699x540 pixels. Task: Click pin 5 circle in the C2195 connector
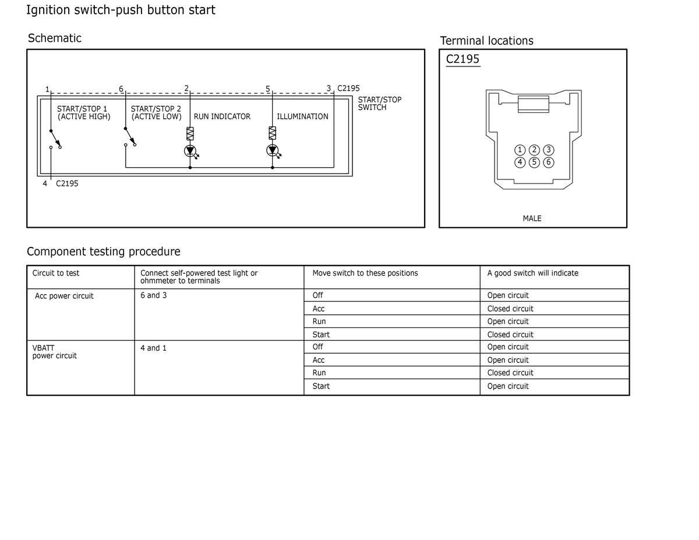[534, 162]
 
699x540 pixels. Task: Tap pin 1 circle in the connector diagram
[520, 150]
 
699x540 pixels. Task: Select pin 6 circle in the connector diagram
[548, 162]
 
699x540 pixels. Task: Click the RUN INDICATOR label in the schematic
[222, 117]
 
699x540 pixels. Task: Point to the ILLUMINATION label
[302, 117]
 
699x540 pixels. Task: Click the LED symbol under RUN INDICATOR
[190, 151]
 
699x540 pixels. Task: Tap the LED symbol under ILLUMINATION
[272, 151]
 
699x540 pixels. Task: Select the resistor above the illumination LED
[272, 133]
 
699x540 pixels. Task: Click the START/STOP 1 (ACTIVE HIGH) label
[83, 112]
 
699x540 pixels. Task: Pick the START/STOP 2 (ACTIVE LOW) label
[156, 112]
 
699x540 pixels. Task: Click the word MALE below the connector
[532, 218]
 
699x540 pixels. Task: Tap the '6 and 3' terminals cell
[153, 295]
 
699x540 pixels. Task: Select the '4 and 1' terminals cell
[153, 348]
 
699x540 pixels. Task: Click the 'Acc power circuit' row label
[64, 296]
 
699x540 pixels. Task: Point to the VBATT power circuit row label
[54, 352]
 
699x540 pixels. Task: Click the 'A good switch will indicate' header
[532, 273]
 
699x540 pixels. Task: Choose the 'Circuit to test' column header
[56, 273]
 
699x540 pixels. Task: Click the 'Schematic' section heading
[55, 38]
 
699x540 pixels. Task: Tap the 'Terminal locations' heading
[486, 41]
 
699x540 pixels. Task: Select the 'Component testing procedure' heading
[104, 252]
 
